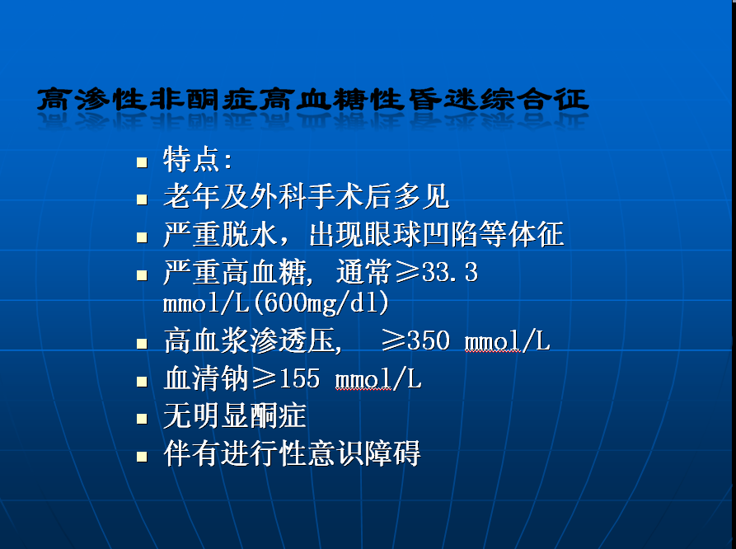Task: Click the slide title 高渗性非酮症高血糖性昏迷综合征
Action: [312, 99]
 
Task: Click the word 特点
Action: [191, 159]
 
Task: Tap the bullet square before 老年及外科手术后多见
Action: [142, 199]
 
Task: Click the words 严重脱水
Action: [220, 234]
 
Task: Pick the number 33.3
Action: [450, 272]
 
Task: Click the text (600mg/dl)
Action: [321, 303]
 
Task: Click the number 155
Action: [299, 378]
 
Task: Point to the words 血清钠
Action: [205, 378]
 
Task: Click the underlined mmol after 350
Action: [492, 341]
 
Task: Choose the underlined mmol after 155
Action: [363, 379]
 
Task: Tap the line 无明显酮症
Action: [234, 416]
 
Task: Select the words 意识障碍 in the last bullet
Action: [363, 453]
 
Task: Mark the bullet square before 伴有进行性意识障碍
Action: [142, 457]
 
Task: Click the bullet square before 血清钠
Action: [142, 381]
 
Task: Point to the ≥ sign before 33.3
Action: [407, 272]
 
